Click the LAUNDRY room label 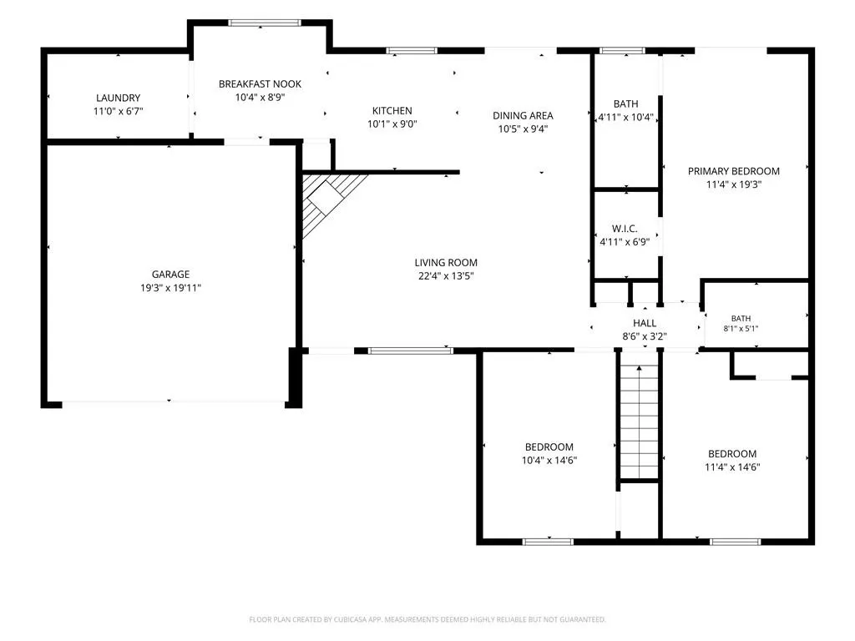point(119,98)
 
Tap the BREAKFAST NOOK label point(261,84)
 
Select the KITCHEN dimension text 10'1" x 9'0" point(392,124)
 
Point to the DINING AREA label point(523,115)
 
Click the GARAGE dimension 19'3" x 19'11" point(170,288)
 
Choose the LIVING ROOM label point(446,263)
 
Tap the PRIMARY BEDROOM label point(733,171)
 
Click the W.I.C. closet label point(625,229)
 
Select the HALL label point(645,323)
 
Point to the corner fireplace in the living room point(328,202)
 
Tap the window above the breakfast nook point(265,23)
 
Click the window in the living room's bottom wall point(410,351)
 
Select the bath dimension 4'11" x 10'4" point(626,117)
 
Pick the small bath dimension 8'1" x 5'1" point(741,329)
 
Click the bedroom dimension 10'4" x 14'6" point(549,460)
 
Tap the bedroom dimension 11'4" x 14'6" point(732,467)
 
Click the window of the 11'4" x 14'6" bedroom point(735,542)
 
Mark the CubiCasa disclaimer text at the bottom point(427,619)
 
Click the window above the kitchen point(412,51)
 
